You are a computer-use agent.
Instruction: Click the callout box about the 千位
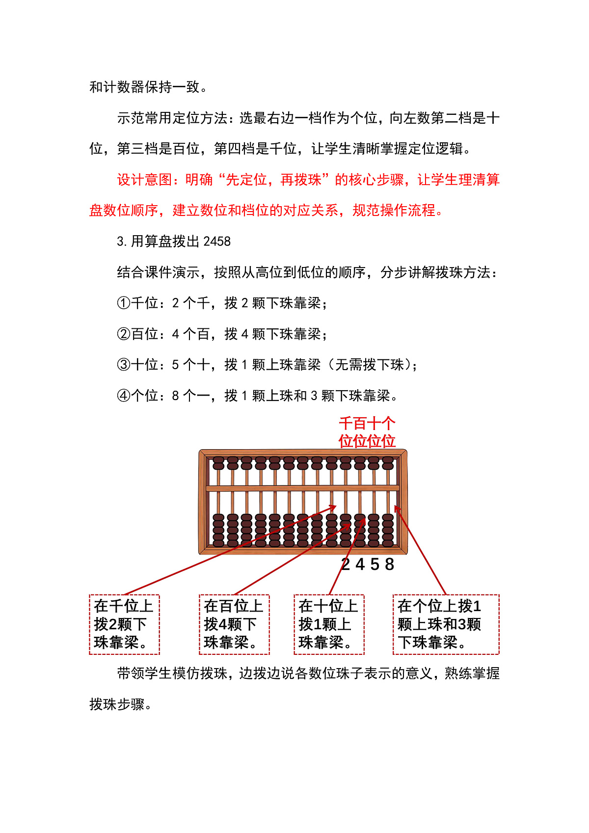pyautogui.click(x=124, y=624)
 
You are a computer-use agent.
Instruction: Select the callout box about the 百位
pyautogui.click(x=234, y=624)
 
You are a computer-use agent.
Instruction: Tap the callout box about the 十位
pyautogui.click(x=329, y=624)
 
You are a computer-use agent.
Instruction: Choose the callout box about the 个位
pyautogui.click(x=446, y=624)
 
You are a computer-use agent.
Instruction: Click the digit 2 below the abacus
pyautogui.click(x=346, y=565)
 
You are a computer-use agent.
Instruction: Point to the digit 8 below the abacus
pyautogui.click(x=390, y=565)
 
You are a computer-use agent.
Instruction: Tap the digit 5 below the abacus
pyautogui.click(x=375, y=565)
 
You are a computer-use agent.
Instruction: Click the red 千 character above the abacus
pyautogui.click(x=346, y=424)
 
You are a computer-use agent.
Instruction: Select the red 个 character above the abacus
pyautogui.click(x=388, y=424)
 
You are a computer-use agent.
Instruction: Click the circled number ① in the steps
pyautogui.click(x=123, y=303)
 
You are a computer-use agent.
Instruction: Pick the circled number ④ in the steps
pyautogui.click(x=123, y=396)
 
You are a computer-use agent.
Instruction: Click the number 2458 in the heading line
pyautogui.click(x=217, y=242)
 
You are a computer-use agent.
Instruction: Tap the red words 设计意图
pyautogui.click(x=145, y=180)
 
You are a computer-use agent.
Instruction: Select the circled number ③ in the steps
pyautogui.click(x=123, y=365)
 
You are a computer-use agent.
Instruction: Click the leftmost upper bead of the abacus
pyautogui.click(x=218, y=463)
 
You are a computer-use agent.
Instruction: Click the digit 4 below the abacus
pyautogui.click(x=360, y=565)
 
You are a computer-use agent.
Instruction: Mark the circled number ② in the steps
pyautogui.click(x=123, y=334)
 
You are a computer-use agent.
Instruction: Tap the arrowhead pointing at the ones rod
pyautogui.click(x=397, y=509)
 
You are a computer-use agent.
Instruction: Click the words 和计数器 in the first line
pyautogui.click(x=117, y=87)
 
